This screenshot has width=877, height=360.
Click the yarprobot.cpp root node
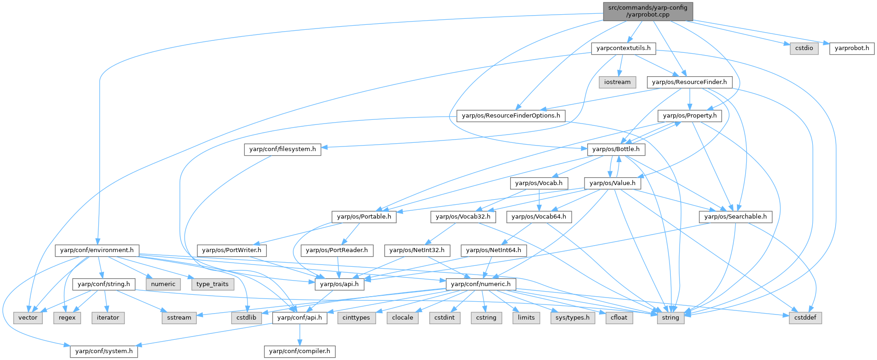pos(647,11)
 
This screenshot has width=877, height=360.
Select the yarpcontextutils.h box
pos(623,48)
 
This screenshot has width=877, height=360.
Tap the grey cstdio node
pos(804,48)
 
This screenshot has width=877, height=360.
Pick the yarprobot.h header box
pos(852,48)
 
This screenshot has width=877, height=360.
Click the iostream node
pos(617,82)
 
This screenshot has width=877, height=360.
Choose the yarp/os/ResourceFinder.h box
pos(689,82)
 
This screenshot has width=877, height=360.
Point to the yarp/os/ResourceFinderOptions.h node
pos(511,116)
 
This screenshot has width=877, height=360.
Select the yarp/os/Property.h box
pos(690,116)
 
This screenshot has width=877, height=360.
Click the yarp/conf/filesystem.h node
pos(282,149)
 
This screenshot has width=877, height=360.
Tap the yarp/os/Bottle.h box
pos(616,149)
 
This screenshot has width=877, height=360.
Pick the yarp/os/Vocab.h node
pos(539,183)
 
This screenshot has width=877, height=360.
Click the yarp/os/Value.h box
pos(612,183)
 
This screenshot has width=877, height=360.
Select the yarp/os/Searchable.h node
pos(735,217)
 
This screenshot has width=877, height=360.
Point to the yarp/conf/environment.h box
pos(97,250)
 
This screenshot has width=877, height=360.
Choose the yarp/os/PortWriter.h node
pos(231,250)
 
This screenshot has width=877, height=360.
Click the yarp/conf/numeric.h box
pos(481,284)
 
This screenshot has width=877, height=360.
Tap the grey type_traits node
pos(212,284)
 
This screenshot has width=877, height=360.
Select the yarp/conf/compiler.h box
pos(299,351)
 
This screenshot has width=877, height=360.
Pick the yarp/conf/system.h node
pos(104,351)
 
